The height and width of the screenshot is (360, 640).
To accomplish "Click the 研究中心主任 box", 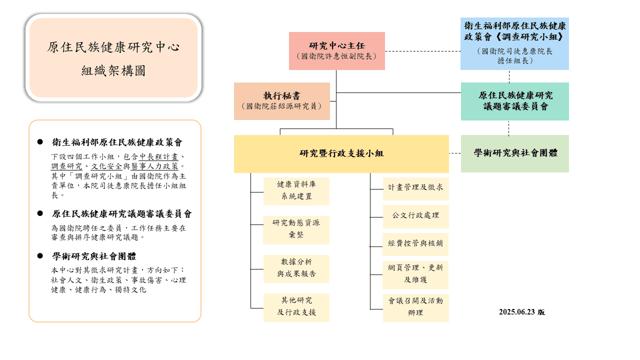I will pyautogui.click(x=336, y=50).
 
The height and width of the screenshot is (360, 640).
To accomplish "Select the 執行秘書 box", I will pyautogui.click(x=282, y=101).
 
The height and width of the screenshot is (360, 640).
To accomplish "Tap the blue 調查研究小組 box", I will pyautogui.click(x=514, y=43).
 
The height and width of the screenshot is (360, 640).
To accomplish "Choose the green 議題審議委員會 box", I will pyautogui.click(x=514, y=101).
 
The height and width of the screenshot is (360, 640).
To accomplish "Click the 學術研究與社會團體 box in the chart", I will pyautogui.click(x=514, y=153).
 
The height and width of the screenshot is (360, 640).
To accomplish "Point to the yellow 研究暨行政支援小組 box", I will pyautogui.click(x=341, y=153).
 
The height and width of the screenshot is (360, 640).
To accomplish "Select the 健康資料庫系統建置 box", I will pyautogui.click(x=296, y=191).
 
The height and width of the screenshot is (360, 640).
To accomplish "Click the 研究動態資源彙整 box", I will pyautogui.click(x=296, y=229).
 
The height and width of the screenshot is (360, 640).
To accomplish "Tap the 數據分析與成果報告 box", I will pyautogui.click(x=296, y=268).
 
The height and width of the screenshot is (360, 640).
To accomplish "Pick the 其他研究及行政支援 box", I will pyautogui.click(x=296, y=307).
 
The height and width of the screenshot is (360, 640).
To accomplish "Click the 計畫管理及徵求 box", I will pyautogui.click(x=415, y=188).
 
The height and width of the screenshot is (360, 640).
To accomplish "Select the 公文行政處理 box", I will pyautogui.click(x=415, y=216).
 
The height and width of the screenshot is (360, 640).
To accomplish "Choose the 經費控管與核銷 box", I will pyautogui.click(x=415, y=244).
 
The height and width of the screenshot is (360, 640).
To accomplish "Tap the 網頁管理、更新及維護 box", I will pyautogui.click(x=415, y=274).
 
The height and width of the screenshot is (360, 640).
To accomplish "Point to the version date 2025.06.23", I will pyautogui.click(x=521, y=312).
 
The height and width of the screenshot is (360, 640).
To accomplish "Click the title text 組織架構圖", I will pyautogui.click(x=113, y=71).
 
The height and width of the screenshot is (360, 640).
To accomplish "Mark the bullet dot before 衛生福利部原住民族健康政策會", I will pyautogui.click(x=40, y=142).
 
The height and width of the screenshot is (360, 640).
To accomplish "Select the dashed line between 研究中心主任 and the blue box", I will pyautogui.click(x=422, y=51).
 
